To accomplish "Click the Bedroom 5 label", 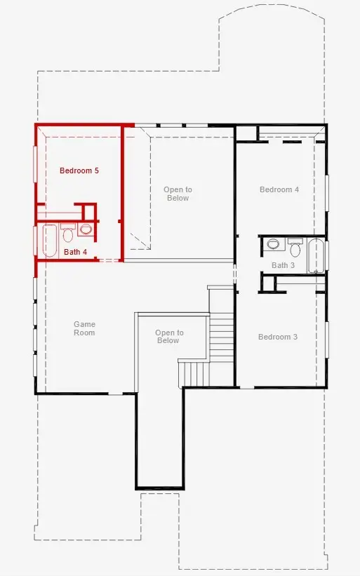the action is tap(79, 170).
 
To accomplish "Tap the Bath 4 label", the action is tap(75, 252).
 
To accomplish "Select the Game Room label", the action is tap(84, 328).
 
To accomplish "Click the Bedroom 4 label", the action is tap(279, 189).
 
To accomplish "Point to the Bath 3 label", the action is tap(283, 265).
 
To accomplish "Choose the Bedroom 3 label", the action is tap(278, 337).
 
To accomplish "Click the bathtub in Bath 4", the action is tap(50, 241).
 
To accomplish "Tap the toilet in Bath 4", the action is tap(67, 233).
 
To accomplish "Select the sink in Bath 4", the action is tap(86, 230).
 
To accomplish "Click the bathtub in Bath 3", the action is tap(316, 256).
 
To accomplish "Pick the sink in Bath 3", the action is tap(273, 243).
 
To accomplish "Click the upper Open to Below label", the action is tap(178, 194).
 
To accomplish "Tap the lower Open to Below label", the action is tap(169, 337).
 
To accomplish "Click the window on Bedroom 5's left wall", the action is tap(35, 164).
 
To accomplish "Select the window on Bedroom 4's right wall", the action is tap(326, 193).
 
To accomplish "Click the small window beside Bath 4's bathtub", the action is tap(35, 240).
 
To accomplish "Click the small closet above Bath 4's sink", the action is tap(89, 212).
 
